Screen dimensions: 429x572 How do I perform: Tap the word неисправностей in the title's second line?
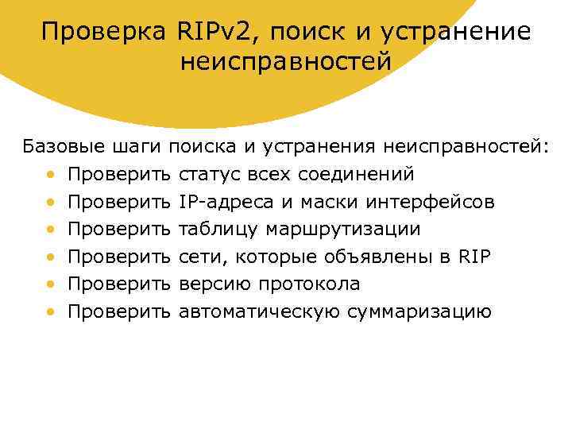coord(286,61)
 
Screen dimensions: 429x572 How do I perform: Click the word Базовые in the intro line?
coord(61,147)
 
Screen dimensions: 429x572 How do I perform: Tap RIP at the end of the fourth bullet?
coord(475,257)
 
